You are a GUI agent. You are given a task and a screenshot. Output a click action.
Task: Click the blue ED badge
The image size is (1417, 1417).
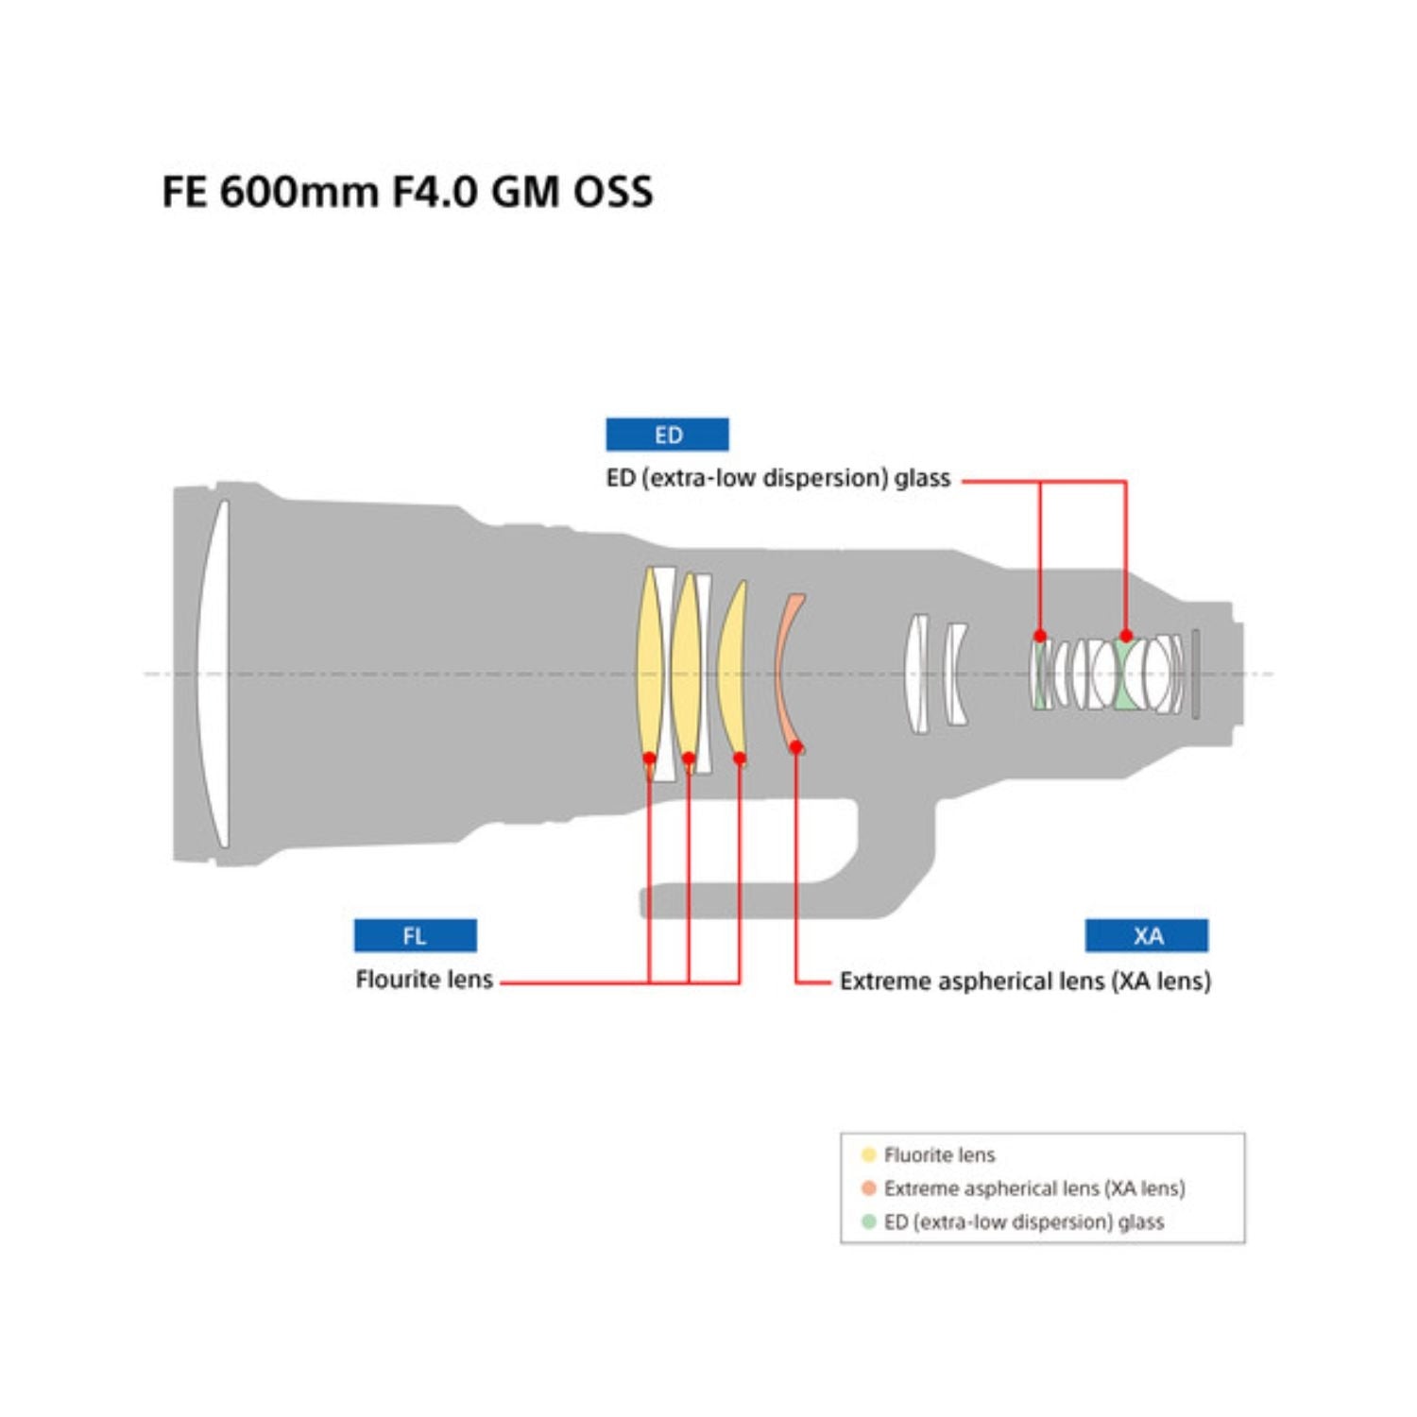tap(667, 435)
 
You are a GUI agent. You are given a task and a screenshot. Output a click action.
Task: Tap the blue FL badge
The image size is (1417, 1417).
tap(415, 935)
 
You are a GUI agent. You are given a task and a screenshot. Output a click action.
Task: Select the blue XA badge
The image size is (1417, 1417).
tap(1146, 935)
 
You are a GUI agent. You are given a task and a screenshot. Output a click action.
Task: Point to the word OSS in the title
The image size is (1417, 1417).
tap(613, 192)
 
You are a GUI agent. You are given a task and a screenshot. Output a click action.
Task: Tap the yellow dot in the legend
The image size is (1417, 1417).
tap(868, 1154)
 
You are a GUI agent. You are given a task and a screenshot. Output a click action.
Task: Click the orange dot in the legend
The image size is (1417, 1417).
tap(868, 1187)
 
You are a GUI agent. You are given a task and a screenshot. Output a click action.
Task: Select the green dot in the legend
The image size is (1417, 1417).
tap(868, 1221)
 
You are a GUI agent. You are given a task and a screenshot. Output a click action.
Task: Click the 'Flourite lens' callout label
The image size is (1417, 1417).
tap(424, 980)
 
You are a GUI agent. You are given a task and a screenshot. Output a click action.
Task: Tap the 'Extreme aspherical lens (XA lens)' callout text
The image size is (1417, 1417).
tap(1025, 981)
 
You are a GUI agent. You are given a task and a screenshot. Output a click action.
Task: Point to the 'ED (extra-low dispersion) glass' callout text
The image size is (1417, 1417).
tap(777, 478)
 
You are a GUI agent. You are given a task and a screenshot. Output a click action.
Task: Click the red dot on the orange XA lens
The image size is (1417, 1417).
tap(796, 747)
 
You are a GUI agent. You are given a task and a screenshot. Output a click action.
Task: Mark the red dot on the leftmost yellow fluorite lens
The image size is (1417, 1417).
tap(649, 758)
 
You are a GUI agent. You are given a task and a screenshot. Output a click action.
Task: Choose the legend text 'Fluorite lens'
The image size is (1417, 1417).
tap(939, 1154)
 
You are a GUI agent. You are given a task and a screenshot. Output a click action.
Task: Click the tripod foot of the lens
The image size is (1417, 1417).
tap(756, 897)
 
